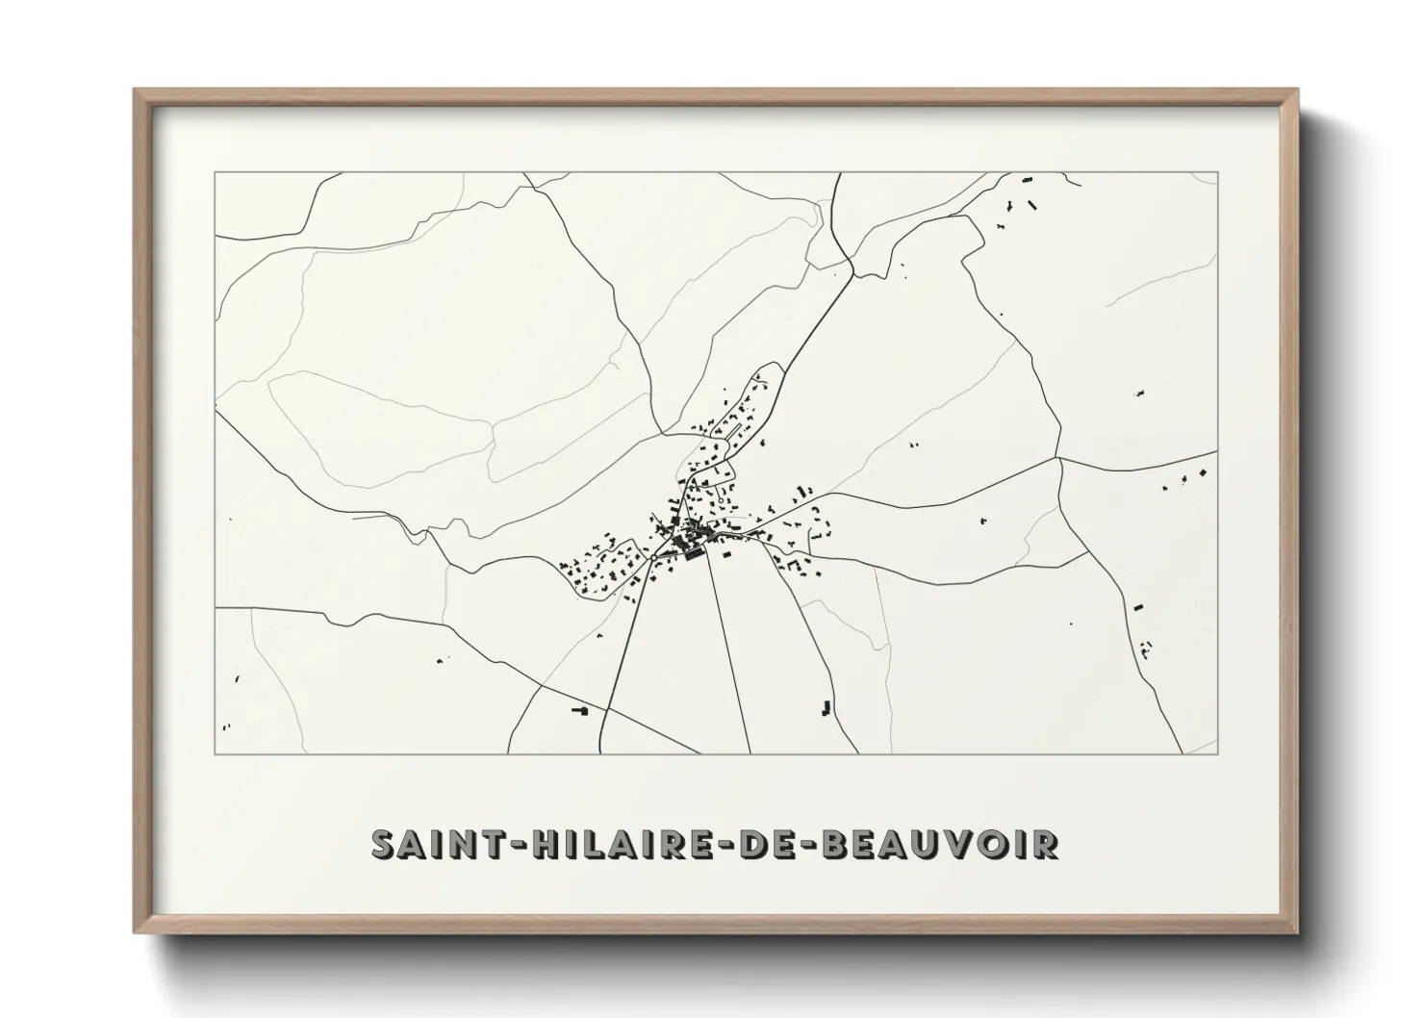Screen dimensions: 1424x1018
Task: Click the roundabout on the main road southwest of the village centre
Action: (x=653, y=558)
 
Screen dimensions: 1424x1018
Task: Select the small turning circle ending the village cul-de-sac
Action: (x=721, y=501)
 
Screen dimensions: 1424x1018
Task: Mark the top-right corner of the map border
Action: (x=1217, y=172)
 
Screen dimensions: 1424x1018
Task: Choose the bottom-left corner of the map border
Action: (x=215, y=753)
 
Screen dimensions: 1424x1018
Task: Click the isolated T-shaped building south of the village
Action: (x=580, y=710)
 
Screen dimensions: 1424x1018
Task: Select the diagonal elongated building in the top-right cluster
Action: (x=1032, y=204)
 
